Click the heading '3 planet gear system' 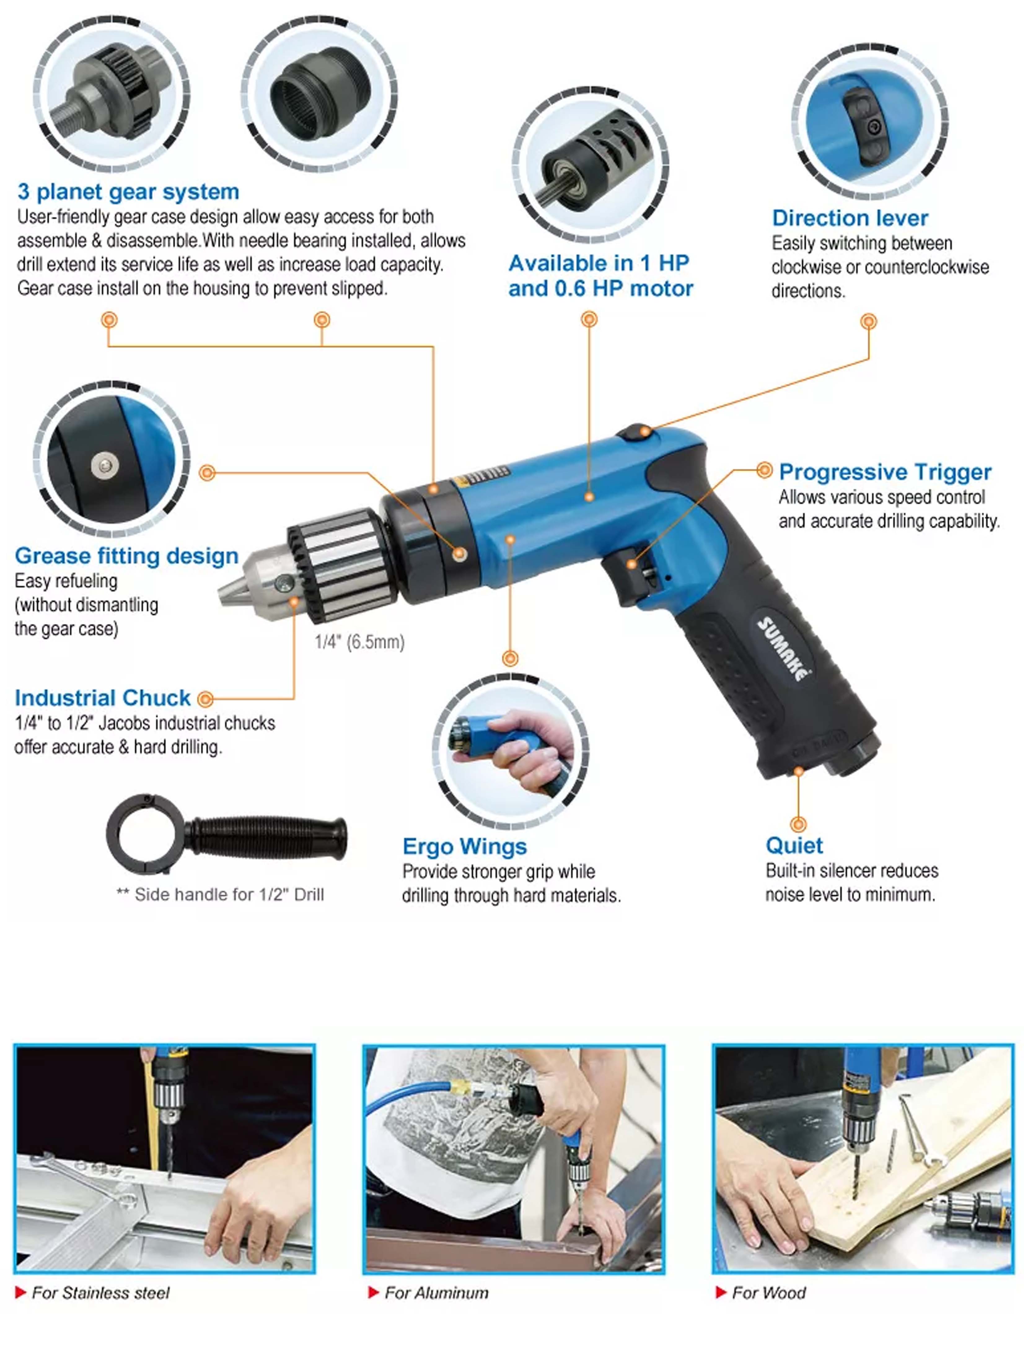(x=128, y=192)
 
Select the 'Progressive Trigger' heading (x=885, y=472)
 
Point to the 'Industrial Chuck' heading (x=102, y=698)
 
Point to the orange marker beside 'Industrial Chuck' (x=205, y=699)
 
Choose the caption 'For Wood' (x=769, y=1293)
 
